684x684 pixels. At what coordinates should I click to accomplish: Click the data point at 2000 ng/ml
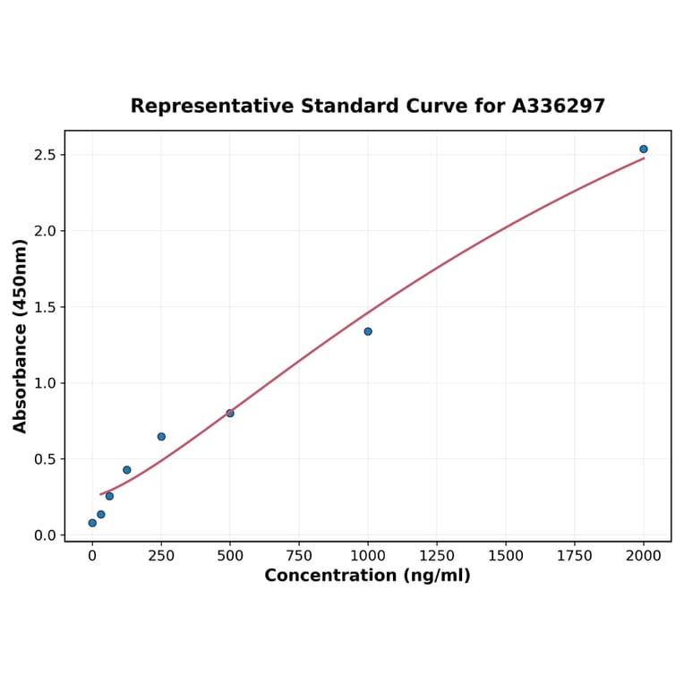click(643, 150)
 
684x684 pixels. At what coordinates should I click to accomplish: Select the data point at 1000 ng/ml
click(368, 331)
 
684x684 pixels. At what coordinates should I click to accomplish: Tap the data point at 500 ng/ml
click(230, 413)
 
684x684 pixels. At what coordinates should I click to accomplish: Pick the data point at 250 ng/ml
click(161, 437)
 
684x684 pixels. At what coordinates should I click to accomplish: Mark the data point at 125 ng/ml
click(127, 470)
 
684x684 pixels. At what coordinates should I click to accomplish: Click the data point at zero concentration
click(92, 523)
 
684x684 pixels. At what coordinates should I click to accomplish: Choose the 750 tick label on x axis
click(299, 556)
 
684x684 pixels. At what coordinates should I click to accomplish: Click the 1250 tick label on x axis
click(437, 556)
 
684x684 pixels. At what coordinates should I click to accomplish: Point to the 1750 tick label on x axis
click(575, 556)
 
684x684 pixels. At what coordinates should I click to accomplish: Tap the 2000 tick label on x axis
click(644, 556)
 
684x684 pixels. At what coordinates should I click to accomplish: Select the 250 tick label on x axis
click(161, 556)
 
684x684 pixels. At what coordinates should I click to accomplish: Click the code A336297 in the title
click(559, 107)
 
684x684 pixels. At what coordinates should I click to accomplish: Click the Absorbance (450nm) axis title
click(21, 336)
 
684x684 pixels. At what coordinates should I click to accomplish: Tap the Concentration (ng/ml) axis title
click(367, 576)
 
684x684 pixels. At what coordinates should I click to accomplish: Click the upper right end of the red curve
click(644, 158)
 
